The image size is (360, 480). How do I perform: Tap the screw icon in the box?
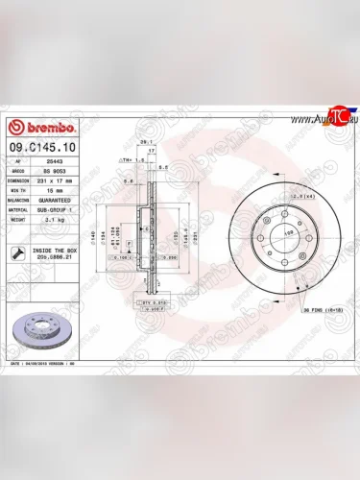(x=19, y=252)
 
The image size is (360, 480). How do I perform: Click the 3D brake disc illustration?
(x=47, y=328)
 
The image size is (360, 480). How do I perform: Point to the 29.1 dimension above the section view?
(x=146, y=141)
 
